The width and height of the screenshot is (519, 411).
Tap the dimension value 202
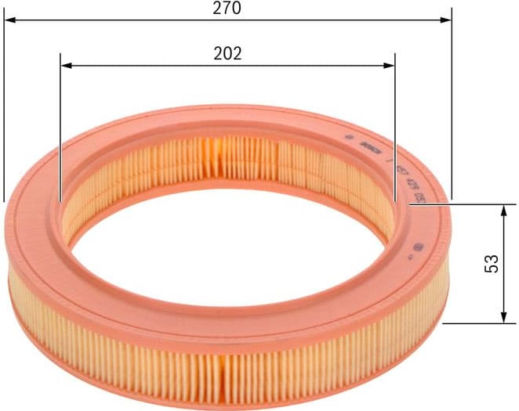click(227, 53)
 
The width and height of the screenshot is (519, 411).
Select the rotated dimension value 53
click(492, 264)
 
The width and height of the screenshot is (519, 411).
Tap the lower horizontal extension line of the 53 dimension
click(474, 323)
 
